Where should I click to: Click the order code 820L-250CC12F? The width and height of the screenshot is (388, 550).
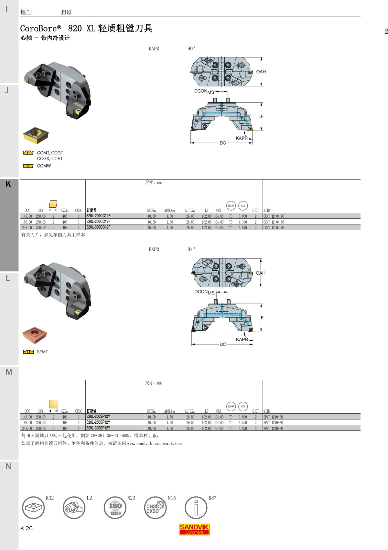point(98,222)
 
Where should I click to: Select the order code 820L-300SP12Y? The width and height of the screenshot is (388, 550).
point(98,428)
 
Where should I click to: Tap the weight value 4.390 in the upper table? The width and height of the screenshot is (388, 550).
point(242,222)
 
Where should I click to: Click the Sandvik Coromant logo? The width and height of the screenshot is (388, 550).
point(194,529)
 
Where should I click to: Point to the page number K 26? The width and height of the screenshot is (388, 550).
point(27,528)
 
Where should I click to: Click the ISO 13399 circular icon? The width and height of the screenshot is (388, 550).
point(115,508)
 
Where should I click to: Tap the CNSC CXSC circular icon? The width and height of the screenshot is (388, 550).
point(155,508)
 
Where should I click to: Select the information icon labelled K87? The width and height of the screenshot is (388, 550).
point(196,508)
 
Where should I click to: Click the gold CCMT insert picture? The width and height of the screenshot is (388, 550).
point(36,135)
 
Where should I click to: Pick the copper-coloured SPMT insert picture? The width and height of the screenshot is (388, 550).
point(35,335)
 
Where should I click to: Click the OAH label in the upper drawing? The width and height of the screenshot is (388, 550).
point(261,72)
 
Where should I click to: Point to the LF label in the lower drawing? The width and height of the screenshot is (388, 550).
point(261,318)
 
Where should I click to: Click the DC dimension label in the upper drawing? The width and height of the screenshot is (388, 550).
point(223,143)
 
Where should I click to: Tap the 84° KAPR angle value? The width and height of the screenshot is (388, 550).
point(191,249)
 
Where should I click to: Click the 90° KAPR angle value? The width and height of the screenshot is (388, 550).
point(191,49)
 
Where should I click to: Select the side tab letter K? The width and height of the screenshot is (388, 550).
point(8,184)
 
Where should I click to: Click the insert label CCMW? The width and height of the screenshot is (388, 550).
point(44,166)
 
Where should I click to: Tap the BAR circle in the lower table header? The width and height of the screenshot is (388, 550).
point(231,406)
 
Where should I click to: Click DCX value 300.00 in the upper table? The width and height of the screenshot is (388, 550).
point(41,228)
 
